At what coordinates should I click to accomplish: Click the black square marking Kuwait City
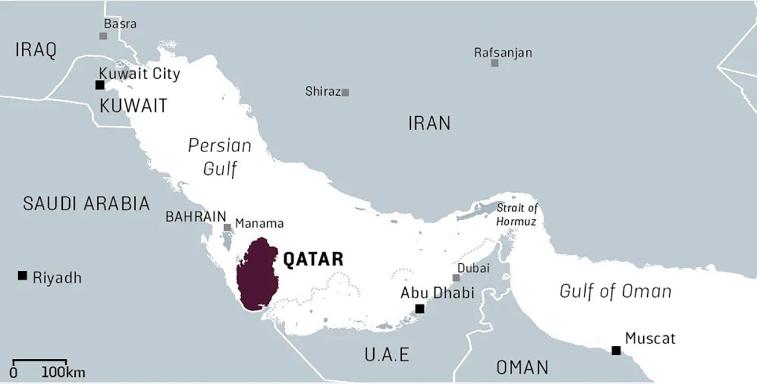(100, 85)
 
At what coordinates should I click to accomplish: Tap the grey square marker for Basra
(103, 36)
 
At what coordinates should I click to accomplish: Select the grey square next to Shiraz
(346, 92)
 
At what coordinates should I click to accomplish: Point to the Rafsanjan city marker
(495, 63)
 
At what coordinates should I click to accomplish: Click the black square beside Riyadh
(22, 275)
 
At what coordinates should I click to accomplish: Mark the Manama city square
(227, 227)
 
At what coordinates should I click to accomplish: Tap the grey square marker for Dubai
(456, 278)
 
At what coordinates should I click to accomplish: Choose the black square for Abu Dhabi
(420, 309)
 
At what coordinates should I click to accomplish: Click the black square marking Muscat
(616, 351)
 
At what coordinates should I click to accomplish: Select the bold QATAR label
(313, 259)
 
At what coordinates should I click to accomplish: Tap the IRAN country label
(430, 123)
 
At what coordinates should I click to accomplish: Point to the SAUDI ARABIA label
(86, 204)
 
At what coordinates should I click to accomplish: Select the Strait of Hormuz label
(516, 215)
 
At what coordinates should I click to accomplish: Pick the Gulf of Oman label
(615, 291)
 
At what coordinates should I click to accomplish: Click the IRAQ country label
(36, 50)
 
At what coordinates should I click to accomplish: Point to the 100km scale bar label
(63, 372)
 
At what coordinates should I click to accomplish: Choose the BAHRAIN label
(195, 216)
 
